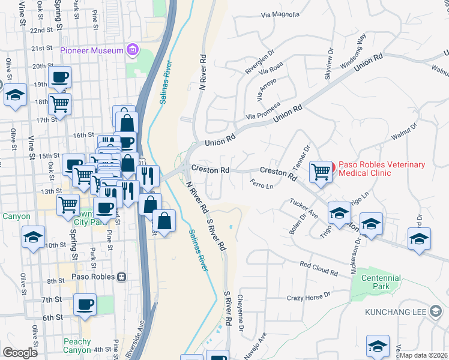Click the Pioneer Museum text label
pos(91,50)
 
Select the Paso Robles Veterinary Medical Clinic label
pos(382,169)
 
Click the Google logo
pos(20,353)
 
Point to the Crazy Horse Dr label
pos(309,296)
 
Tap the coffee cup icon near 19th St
pos(60,77)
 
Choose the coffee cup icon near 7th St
pos(85,304)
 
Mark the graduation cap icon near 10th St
pos(33,236)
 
